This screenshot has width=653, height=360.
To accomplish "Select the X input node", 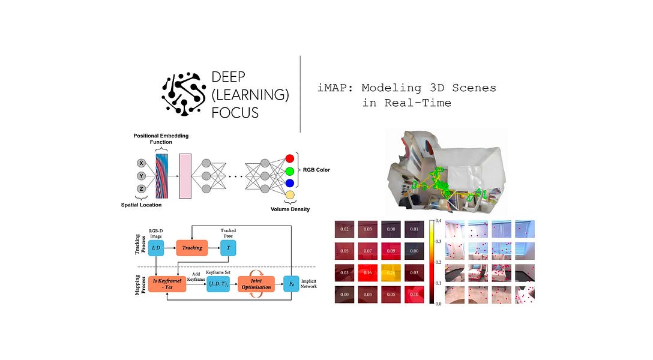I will coord(142,163).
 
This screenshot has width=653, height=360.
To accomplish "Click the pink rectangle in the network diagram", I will coord(184,176).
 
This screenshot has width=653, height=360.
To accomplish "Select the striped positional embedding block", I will coord(163,175).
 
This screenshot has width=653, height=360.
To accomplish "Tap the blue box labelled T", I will coord(228,248).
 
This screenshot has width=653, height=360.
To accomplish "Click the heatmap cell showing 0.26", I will coord(391,273).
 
